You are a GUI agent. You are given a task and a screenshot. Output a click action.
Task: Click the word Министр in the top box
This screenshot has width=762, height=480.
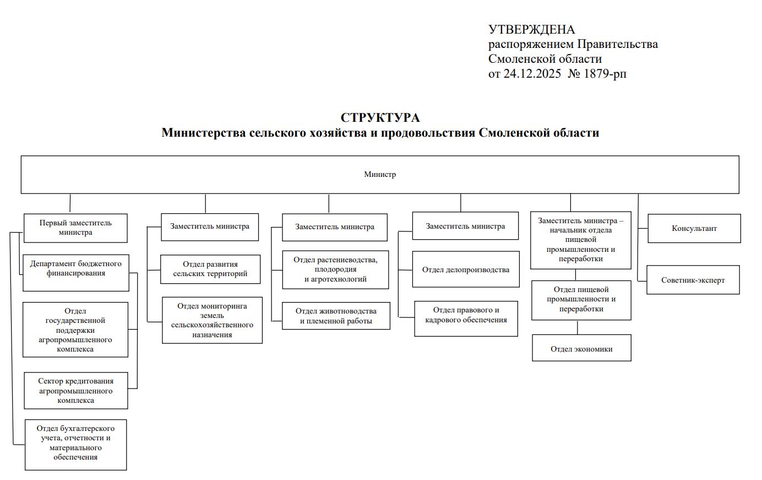click(380, 175)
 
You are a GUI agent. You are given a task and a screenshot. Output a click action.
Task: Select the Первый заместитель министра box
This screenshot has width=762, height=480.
click(75, 228)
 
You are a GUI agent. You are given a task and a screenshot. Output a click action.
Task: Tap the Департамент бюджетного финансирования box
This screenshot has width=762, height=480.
click(76, 272)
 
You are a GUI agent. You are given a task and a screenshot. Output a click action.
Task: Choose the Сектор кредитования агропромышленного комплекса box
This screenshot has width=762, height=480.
click(76, 391)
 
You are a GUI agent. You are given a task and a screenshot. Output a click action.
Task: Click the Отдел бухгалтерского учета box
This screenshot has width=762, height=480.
click(75, 445)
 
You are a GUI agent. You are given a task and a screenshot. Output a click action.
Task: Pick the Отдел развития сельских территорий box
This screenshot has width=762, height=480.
click(210, 269)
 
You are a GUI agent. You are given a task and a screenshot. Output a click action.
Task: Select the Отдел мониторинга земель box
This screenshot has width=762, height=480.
click(212, 320)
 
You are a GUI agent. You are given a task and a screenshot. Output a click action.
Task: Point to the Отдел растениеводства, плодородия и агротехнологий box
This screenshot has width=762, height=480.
click(336, 269)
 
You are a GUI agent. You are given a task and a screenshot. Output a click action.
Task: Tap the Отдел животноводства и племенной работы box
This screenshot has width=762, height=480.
click(336, 316)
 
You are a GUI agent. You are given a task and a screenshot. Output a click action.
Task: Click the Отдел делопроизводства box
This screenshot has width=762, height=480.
click(466, 269)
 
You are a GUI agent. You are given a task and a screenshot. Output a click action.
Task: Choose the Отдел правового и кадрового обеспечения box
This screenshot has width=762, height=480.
click(466, 319)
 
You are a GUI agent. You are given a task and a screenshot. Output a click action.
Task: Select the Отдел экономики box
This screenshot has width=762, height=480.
click(581, 348)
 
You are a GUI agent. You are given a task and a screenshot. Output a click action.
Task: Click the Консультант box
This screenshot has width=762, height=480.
click(694, 228)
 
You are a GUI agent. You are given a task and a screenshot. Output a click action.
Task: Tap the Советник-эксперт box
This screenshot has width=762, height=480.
click(693, 280)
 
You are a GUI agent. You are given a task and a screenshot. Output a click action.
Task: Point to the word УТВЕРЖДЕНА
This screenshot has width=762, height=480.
click(531, 30)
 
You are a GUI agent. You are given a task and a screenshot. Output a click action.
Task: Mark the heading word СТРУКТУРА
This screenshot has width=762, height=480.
click(380, 118)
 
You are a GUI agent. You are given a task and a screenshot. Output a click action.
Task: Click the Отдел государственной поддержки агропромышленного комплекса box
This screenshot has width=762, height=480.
click(75, 330)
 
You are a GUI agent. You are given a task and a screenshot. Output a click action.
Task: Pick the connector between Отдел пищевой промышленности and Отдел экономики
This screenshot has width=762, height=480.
click(578, 327)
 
